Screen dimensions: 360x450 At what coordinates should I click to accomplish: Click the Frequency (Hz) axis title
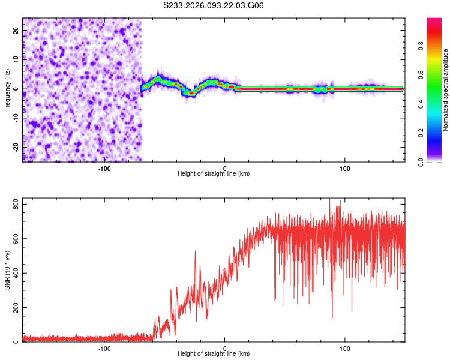coord(7,89)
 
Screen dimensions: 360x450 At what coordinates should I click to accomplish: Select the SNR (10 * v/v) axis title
coord(7,270)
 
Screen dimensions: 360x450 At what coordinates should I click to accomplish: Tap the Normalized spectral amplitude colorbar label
coord(445,90)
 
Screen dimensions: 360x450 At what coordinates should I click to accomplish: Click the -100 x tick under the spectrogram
coord(104,167)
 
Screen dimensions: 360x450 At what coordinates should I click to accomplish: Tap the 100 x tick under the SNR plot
coord(345,348)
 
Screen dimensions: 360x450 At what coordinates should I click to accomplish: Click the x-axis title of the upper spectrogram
coord(214,174)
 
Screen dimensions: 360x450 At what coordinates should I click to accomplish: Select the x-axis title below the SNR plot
coord(214,355)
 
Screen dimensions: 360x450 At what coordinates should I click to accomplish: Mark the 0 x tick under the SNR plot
coord(225,348)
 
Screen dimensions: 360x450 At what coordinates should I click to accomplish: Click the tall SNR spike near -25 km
coord(195,252)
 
